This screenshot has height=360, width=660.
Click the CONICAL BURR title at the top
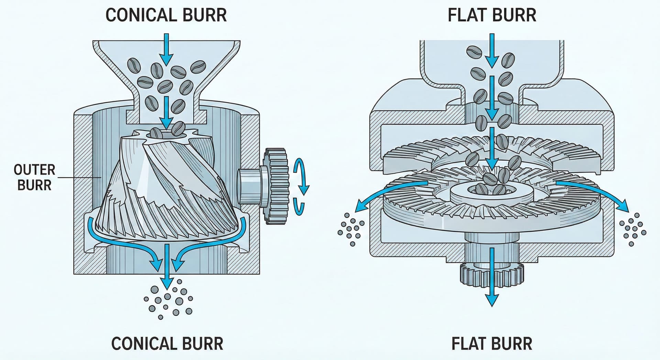(166, 15)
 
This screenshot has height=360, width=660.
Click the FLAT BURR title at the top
(492, 15)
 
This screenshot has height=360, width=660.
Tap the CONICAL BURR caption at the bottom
(167, 343)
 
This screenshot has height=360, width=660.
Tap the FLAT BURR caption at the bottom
(492, 343)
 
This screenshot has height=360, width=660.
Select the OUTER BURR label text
(34, 177)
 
